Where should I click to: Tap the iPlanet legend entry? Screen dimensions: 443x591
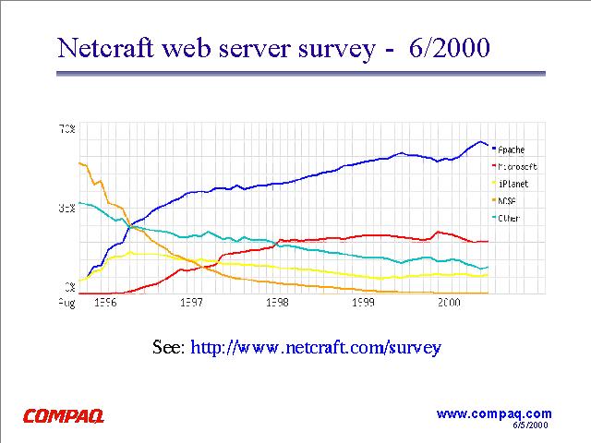tap(512, 184)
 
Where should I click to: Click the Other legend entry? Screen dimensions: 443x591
tap(509, 218)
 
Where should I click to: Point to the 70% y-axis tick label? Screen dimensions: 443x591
tap(67, 128)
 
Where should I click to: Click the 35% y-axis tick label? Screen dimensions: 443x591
tap(67, 209)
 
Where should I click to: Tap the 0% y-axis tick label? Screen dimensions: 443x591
tap(69, 288)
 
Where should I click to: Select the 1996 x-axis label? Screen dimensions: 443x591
tap(106, 302)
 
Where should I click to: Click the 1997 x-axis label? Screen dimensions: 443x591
tap(192, 302)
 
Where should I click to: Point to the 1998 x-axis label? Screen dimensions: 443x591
tap(278, 302)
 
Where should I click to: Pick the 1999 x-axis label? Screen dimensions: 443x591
tap(363, 302)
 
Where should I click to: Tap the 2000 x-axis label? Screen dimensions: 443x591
tap(449, 302)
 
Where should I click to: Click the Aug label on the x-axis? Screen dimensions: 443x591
tap(67, 302)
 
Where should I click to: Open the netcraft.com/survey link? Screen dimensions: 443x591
tap(316, 348)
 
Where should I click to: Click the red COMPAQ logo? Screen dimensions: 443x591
tap(64, 416)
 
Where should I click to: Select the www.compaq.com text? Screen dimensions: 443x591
tap(493, 413)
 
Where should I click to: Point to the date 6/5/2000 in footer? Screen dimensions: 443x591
tap(530, 425)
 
